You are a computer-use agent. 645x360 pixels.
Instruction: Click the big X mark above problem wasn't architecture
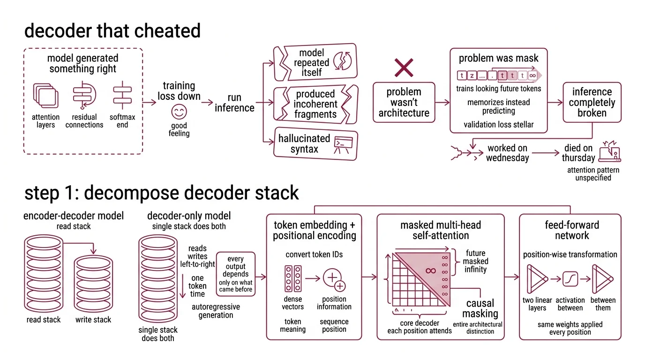(404, 68)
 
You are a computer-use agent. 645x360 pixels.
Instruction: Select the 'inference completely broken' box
(592, 103)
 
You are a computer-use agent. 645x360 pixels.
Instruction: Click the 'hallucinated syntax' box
(315, 144)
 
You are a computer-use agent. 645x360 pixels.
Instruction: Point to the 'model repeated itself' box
(315, 63)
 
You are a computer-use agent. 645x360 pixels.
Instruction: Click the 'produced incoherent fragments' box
(315, 104)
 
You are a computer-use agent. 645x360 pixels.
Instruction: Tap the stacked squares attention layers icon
(45, 95)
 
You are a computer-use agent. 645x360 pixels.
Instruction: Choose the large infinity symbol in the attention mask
(430, 270)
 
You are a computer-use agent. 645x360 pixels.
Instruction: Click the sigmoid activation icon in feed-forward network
(570, 279)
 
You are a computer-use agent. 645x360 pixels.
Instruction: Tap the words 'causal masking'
(480, 308)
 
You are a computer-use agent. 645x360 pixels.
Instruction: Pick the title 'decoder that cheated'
(112, 31)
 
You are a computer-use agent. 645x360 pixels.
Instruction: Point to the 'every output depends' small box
(236, 274)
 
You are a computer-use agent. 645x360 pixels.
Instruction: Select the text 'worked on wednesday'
(507, 153)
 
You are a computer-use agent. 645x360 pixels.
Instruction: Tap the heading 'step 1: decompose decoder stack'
(162, 193)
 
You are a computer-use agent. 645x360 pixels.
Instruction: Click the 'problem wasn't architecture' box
(404, 103)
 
